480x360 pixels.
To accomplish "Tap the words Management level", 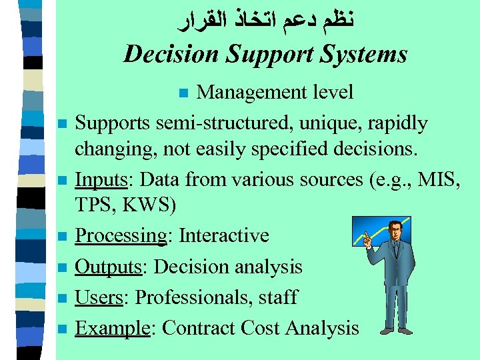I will tap(275, 92).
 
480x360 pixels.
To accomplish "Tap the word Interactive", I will tap(224, 236).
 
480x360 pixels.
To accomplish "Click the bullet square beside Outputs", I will tap(61, 267).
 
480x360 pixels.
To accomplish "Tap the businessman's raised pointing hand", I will tap(365, 237).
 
